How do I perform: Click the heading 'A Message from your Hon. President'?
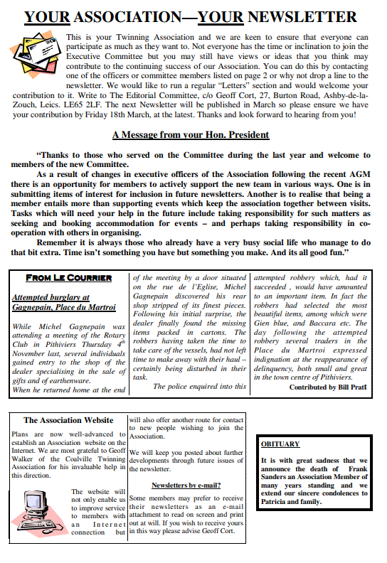click(x=191, y=134)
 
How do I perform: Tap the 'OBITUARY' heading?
click(x=280, y=444)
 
